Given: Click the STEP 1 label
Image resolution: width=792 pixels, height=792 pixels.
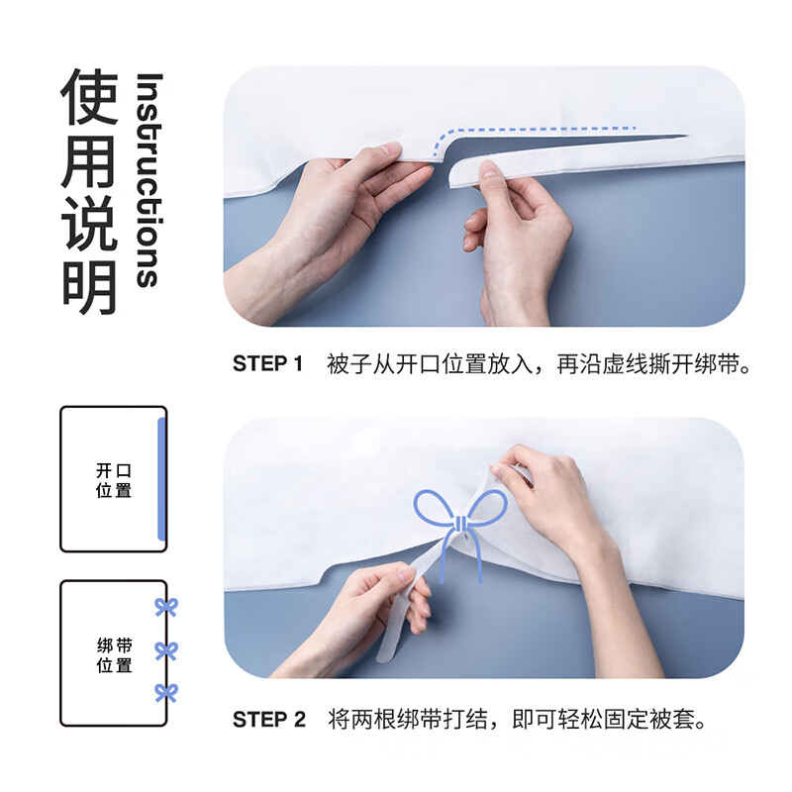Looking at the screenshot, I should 267,364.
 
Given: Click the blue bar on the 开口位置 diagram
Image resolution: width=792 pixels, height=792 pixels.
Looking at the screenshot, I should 161,479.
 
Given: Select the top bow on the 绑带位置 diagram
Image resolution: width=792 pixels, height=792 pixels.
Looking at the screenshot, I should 165,607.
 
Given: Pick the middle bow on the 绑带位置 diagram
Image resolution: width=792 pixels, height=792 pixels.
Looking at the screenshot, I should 165,650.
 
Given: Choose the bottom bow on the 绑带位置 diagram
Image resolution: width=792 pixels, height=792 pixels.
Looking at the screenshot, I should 165,692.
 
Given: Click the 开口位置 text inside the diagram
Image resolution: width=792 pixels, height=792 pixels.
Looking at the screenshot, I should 113,480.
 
